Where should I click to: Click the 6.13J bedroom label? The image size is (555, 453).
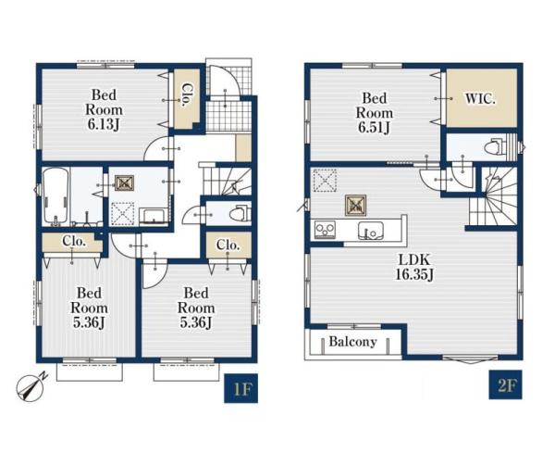(104, 109)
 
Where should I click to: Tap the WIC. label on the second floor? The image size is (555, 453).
(480, 99)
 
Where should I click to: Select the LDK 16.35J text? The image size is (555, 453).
(414, 267)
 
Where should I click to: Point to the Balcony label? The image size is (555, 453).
(352, 342)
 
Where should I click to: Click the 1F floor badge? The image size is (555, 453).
(240, 388)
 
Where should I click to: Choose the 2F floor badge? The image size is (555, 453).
(506, 384)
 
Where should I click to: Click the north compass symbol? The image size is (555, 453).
(31, 387)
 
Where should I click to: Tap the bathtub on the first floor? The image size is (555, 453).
(55, 196)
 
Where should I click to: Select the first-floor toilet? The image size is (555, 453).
(240, 214)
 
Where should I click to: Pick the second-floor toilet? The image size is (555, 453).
(497, 146)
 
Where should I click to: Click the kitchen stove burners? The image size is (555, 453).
(325, 230)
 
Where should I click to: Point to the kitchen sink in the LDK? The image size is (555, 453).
(370, 231)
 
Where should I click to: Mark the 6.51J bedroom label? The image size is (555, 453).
(375, 113)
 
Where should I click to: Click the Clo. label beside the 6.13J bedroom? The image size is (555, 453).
(184, 95)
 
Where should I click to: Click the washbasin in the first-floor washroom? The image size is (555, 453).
(154, 217)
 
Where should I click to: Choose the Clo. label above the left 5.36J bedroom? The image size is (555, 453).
(74, 241)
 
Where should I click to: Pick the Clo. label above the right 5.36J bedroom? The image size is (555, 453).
(228, 245)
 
